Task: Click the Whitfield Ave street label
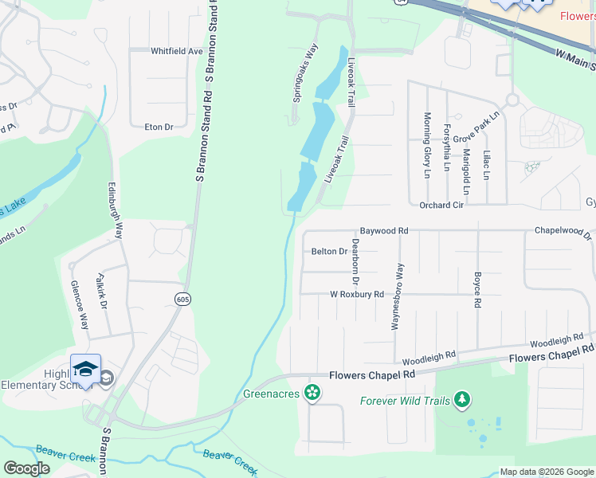[177, 51]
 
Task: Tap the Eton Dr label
[159, 127]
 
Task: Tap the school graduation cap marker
[85, 369]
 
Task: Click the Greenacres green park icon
[313, 392]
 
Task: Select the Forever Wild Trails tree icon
[461, 400]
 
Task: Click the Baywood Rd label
[383, 230]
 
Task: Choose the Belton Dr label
[329, 251]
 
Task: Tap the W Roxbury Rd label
[357, 294]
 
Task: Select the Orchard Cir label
[441, 205]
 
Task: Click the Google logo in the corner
[26, 468]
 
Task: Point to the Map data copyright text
[547, 472]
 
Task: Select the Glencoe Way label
[79, 304]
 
